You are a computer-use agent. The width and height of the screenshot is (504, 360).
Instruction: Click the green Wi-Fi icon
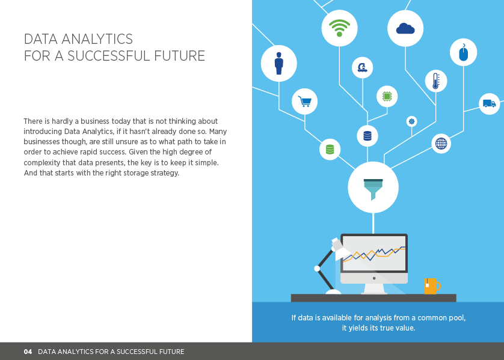[339, 28]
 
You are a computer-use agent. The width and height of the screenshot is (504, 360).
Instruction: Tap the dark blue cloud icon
[405, 29]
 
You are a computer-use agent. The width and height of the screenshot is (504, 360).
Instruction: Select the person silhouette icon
[279, 63]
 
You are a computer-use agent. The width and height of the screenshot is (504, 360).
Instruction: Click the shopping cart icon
[304, 101]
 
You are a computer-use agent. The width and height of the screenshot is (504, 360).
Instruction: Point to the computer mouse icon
[464, 52]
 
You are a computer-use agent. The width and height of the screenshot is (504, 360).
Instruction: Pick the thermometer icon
[436, 81]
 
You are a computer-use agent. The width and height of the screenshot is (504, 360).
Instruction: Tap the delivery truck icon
[489, 103]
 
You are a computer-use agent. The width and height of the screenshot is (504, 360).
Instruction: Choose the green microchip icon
[387, 96]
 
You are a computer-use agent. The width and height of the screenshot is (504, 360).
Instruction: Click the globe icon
[441, 143]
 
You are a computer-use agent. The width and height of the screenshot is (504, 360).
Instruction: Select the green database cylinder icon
[330, 149]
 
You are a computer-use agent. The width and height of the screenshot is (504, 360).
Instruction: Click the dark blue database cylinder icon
[367, 136]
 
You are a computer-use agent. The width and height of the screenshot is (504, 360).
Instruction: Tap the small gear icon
[412, 121]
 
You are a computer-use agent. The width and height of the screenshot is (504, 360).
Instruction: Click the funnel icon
[373, 189]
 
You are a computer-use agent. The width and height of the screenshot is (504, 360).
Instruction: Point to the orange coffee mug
[432, 286]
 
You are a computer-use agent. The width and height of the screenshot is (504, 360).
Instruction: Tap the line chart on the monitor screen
[374, 254]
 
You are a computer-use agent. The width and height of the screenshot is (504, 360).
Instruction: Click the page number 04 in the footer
[28, 352]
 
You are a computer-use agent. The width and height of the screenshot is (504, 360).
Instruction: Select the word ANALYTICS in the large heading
[97, 39]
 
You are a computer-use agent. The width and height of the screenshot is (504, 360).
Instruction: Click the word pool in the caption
[458, 317]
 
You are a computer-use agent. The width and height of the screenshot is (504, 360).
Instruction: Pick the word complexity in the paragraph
[42, 162]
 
